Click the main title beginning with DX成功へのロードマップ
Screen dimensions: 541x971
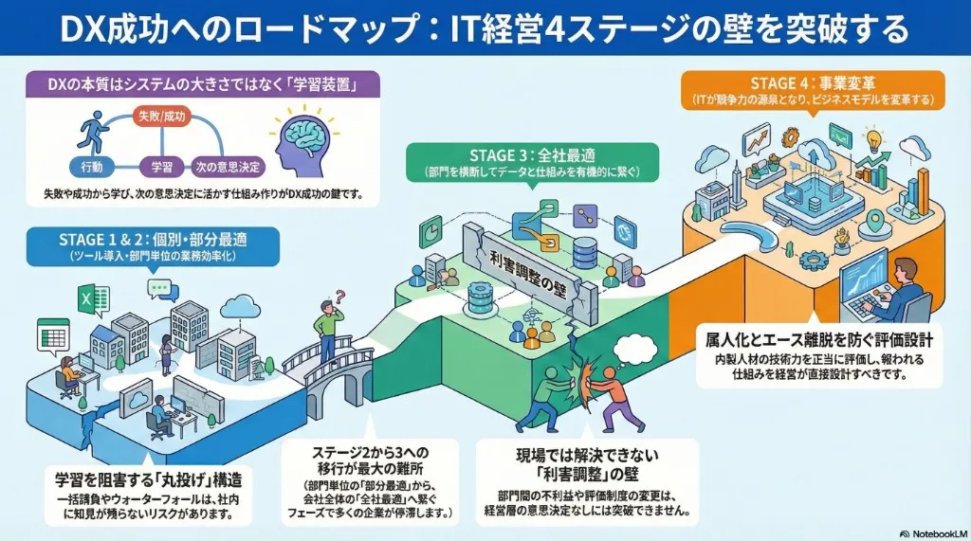(485, 29)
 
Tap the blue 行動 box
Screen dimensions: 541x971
(92, 167)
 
